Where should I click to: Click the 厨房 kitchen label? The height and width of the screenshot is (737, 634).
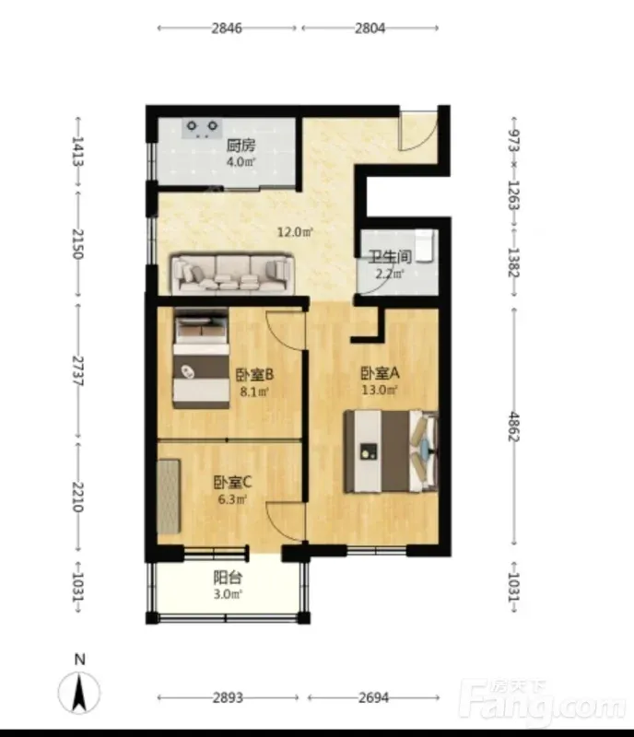tap(241, 146)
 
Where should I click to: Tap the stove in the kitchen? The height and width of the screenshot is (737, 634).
tap(202, 128)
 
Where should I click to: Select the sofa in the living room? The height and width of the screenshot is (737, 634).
tap(232, 274)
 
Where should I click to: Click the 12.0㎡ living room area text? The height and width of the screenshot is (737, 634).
tap(295, 232)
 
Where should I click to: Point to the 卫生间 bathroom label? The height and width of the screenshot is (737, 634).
tap(390, 257)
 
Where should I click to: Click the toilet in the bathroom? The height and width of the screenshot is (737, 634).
tap(424, 245)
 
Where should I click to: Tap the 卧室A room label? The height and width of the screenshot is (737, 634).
tap(380, 373)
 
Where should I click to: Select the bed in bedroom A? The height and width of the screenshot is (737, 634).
tap(391, 451)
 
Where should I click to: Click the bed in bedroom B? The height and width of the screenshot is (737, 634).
tap(201, 358)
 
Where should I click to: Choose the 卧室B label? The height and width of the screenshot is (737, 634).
tap(254, 375)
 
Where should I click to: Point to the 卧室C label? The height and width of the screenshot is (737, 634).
tap(233, 482)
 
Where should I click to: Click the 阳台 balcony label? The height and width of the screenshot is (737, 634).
tap(228, 578)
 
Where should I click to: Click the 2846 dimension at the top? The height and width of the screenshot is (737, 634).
tap(227, 29)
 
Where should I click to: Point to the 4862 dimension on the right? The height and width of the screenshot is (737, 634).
tap(513, 427)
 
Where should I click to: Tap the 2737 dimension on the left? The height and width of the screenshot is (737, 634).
tap(77, 371)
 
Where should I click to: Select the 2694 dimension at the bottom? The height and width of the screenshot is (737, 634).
tap(373, 697)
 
